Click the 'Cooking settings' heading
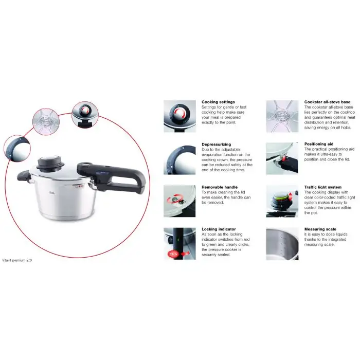point(218,102)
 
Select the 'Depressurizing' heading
point(217,145)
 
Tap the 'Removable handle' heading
point(219,187)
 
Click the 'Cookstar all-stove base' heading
point(328,102)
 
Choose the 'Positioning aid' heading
point(319,145)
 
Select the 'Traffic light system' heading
point(322,187)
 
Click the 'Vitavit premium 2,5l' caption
point(17,260)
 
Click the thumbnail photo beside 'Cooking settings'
point(179,116)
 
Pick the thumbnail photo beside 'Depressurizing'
point(179,159)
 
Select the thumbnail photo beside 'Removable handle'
point(179,201)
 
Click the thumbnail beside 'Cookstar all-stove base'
point(282,116)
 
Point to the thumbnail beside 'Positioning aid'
point(282,159)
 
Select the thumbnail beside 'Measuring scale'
point(282,243)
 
